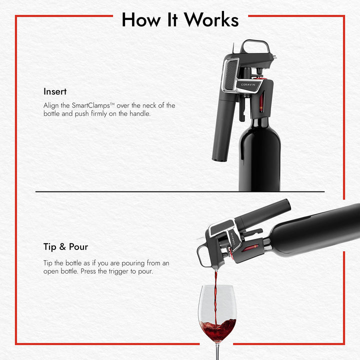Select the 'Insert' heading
55,92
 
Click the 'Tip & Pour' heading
65,247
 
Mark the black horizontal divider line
180,191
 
